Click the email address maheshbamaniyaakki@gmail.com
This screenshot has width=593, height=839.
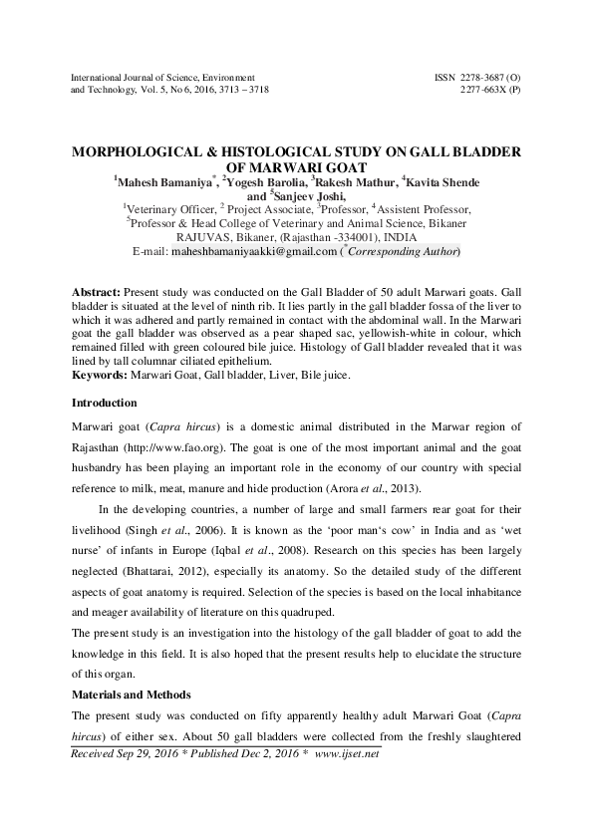point(253,252)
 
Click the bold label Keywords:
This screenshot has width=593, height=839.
point(99,376)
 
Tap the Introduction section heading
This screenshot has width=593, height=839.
point(105,404)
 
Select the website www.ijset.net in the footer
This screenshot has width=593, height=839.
point(347,782)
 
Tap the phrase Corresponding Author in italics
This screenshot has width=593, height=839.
point(402,252)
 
